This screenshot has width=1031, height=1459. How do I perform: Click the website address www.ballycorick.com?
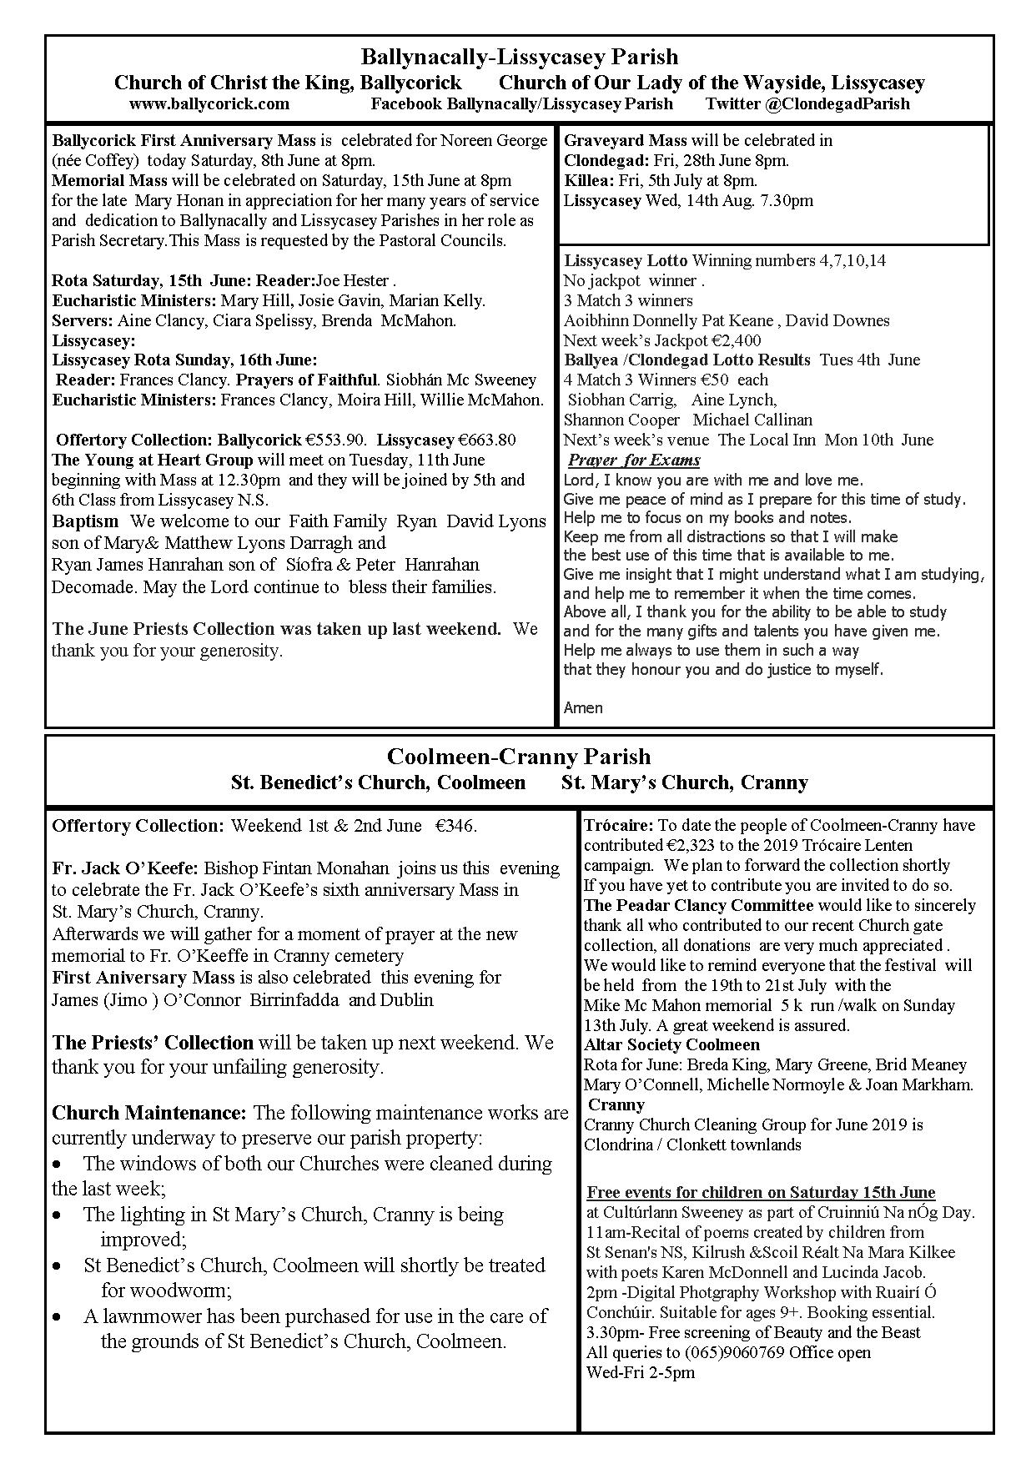[x=209, y=104]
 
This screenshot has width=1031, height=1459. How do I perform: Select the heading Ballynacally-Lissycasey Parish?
[x=519, y=58]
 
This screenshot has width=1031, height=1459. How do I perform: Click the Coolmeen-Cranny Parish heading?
[x=519, y=757]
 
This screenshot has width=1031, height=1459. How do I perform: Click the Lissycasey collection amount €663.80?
[x=487, y=440]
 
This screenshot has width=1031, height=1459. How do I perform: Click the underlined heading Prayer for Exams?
[x=634, y=460]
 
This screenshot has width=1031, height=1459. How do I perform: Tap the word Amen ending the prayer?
[x=583, y=708]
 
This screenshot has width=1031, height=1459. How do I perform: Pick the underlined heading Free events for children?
[x=761, y=1192]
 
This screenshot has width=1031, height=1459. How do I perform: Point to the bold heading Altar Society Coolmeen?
[x=671, y=1044]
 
